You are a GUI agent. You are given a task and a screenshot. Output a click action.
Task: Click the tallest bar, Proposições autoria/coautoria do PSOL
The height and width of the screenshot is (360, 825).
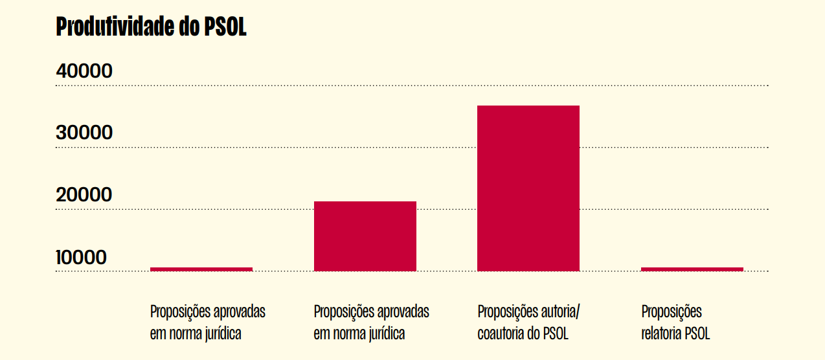coord(528,188)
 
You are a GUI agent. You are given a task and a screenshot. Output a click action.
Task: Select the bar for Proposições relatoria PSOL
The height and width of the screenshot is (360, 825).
coord(692,269)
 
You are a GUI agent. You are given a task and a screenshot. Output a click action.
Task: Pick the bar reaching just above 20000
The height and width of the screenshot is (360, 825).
coord(365,236)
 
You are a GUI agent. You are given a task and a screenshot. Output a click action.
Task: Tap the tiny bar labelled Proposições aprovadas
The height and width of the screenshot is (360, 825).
coord(201,269)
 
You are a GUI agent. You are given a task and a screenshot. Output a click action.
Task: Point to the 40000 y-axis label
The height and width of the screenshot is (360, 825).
coord(84,71)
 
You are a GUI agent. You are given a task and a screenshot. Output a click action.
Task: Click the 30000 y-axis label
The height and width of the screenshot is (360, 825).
coord(84,133)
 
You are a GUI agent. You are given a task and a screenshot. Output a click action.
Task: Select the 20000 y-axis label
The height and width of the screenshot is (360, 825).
coord(84,195)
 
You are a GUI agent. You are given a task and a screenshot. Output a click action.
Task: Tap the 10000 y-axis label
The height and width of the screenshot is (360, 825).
coord(82,258)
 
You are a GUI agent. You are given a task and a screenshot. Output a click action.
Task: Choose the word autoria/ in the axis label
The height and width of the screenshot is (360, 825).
coord(559,311)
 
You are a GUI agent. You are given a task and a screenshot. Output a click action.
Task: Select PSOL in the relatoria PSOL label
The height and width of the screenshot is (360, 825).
coord(697,334)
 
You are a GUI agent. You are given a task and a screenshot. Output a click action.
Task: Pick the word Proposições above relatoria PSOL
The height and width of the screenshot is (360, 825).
coord(672,311)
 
